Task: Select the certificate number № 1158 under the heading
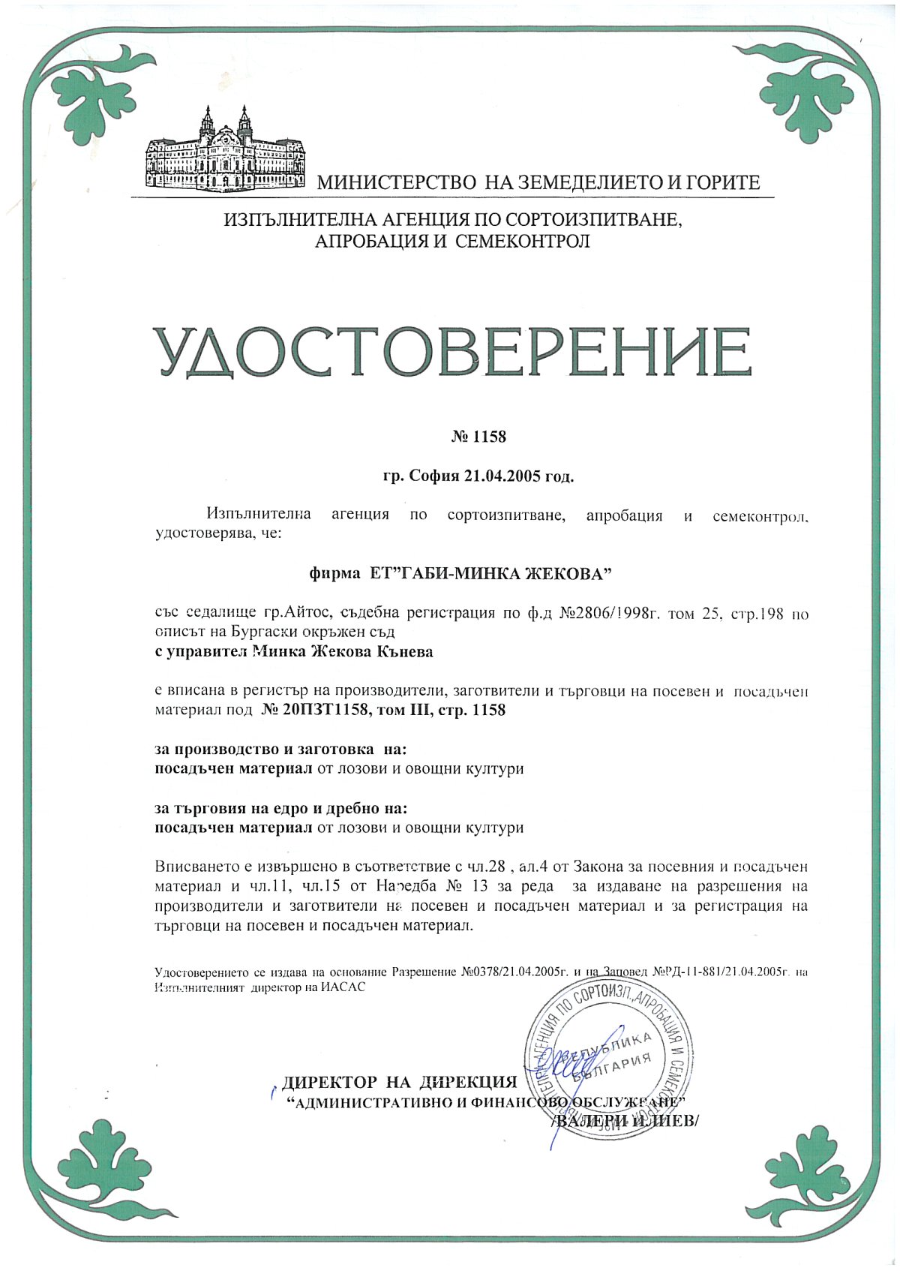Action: pos(480,437)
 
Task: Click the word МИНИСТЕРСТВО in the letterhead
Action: pos(398,182)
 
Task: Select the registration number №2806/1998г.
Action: pos(608,614)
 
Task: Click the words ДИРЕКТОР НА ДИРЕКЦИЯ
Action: pos(400,1082)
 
